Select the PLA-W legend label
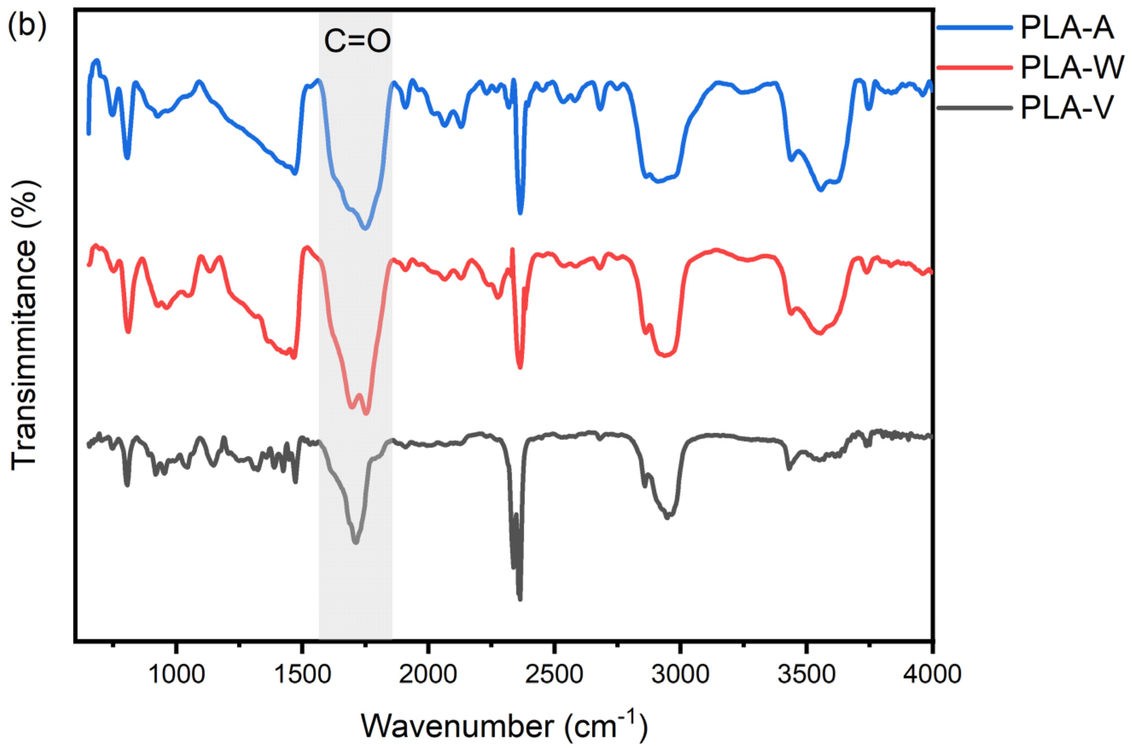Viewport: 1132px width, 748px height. [1072, 68]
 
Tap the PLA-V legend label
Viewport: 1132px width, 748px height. [1067, 108]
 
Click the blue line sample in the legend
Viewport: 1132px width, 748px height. [974, 28]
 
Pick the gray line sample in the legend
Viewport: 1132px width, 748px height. [974, 108]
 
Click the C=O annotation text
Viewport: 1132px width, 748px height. [357, 41]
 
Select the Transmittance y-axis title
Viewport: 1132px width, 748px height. [24, 324]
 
